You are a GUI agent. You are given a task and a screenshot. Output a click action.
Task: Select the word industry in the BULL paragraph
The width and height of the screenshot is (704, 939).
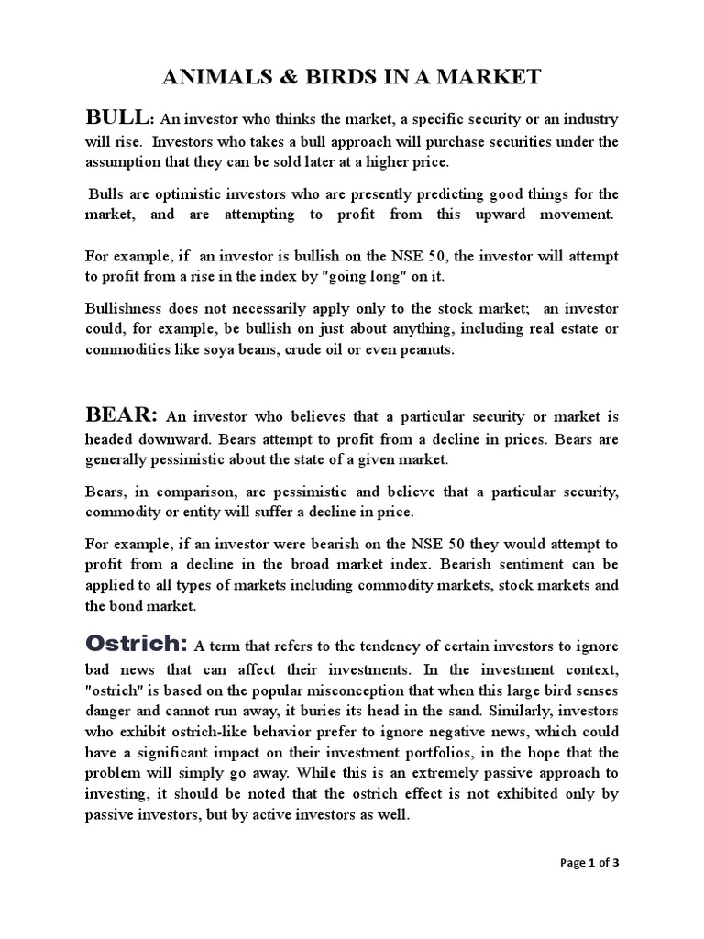coord(587,119)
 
